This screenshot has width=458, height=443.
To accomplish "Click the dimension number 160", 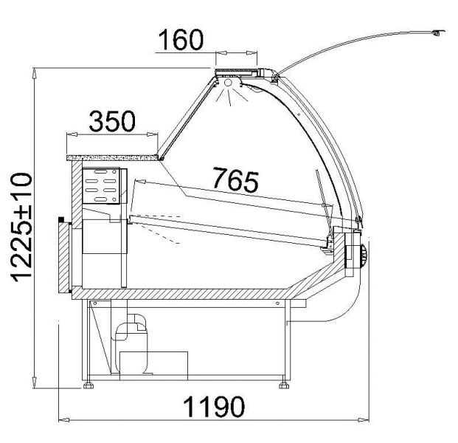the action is click(181, 39).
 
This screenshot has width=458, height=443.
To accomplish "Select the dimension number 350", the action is click(112, 121).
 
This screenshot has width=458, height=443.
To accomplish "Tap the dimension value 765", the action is click(236, 179).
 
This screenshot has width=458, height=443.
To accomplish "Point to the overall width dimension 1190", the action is click(214, 407).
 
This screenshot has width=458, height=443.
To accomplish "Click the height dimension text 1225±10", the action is click(21, 227).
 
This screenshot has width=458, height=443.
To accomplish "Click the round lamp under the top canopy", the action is click(228, 83).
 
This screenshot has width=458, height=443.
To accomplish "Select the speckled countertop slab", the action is click(112, 158).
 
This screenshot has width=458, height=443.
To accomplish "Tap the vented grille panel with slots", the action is click(101, 185).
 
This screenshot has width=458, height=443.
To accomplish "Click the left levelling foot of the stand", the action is click(89, 385).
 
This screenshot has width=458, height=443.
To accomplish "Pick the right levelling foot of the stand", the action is click(284, 385).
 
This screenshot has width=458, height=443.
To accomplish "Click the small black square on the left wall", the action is click(61, 219).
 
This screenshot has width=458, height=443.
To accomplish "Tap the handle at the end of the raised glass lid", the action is click(438, 32).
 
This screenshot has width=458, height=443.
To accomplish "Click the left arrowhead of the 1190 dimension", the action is click(64, 420).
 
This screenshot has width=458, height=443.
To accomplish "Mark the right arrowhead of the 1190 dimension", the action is click(364, 420).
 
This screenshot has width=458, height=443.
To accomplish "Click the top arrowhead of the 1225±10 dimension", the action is click(34, 73).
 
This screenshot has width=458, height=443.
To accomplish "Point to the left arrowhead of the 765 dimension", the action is click(140, 182).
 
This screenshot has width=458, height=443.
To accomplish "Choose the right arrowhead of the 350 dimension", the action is click(153, 134).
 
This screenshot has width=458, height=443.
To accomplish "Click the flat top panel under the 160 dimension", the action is click(236, 70).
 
